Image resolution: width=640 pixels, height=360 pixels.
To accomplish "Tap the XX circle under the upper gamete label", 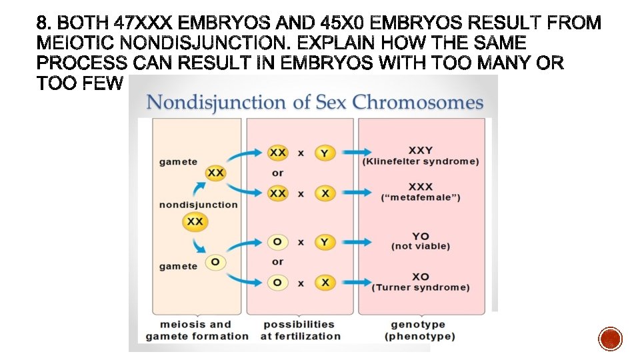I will click(215, 173).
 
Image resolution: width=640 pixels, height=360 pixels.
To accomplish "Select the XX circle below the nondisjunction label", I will click(195, 221).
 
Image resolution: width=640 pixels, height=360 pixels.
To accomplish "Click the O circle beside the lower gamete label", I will click(215, 262).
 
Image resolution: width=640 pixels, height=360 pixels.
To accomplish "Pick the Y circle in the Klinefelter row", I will click(324, 153).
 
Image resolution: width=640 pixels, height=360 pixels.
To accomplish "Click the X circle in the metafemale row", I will click(324, 193).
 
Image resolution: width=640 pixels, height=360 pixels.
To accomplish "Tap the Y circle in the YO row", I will click(324, 242).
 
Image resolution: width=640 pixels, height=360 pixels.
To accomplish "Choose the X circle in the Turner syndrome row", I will click(324, 283).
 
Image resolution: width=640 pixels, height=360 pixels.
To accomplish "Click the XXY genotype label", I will click(421, 150).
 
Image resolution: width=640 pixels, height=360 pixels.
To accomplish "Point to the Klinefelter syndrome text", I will click(421, 161).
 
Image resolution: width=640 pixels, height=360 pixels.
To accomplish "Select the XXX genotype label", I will click(421, 187).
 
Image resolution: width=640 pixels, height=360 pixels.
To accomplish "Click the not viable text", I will click(421, 247).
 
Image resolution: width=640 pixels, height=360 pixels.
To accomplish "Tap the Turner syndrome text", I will click(421, 287).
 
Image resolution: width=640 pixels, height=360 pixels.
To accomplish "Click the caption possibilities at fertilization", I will click(300, 330).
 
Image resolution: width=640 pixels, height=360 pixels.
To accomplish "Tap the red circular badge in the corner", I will click(610, 339).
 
